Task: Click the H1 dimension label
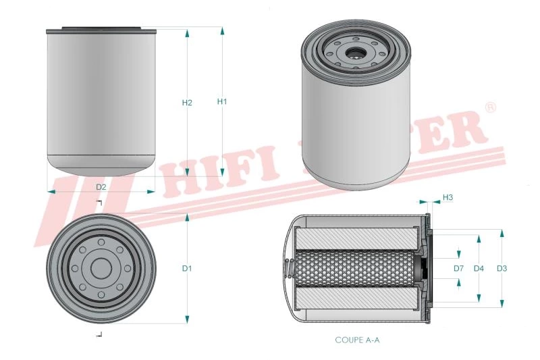(x=222, y=101)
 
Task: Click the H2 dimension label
(x=188, y=103)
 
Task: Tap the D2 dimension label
(x=101, y=186)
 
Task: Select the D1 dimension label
(x=187, y=268)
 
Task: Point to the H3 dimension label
(x=448, y=197)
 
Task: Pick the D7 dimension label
(x=458, y=268)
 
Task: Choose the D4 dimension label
(x=479, y=268)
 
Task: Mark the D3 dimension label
(x=502, y=268)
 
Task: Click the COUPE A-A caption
(x=358, y=340)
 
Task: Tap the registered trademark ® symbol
(x=491, y=107)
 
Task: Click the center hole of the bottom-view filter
(x=101, y=268)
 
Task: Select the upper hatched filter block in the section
(x=357, y=238)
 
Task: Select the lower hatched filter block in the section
(x=357, y=299)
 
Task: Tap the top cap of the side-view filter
(x=101, y=30)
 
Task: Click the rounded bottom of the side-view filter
(x=101, y=164)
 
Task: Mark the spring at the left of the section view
(x=290, y=268)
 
